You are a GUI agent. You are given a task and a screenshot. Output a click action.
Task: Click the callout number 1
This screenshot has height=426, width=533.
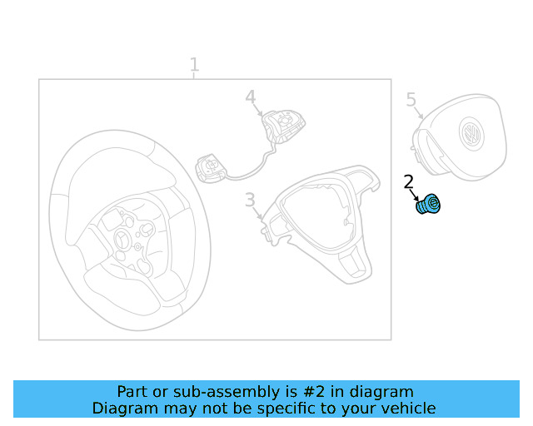194,64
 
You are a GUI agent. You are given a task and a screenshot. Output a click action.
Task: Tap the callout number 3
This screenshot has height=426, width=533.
250,200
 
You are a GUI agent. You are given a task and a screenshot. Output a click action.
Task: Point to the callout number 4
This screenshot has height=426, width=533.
251,97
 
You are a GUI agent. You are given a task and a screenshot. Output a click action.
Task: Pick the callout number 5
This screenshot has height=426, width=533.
411,99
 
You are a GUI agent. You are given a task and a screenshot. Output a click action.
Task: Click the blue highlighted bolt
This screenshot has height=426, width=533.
428,204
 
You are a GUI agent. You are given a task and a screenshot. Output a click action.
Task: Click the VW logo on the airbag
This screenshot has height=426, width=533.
471,134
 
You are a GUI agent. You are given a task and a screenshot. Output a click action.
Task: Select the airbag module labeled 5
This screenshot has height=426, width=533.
460,137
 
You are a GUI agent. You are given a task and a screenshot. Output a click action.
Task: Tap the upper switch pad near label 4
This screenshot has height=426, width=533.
283,126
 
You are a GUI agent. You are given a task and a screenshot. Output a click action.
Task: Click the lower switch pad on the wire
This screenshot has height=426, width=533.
210,168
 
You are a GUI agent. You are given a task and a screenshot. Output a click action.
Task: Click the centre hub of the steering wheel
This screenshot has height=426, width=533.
122,237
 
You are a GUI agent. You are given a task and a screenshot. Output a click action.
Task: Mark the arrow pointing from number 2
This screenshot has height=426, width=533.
415,196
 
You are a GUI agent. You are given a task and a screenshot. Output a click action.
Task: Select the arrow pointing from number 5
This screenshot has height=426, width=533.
419,112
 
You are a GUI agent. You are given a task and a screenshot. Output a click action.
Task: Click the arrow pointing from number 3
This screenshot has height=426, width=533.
258,213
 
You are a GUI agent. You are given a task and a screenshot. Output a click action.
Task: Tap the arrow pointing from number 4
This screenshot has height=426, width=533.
258,110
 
